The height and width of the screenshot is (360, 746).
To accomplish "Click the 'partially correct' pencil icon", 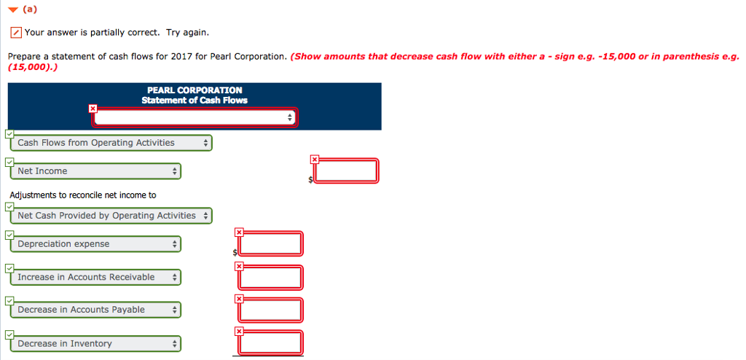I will (x=15, y=33).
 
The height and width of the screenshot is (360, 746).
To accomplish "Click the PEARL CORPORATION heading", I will (x=195, y=90).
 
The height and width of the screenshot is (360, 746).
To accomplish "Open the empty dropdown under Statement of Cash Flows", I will (x=195, y=117).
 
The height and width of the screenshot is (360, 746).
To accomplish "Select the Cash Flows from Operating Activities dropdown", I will (x=112, y=143).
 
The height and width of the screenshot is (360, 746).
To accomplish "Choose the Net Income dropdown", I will (x=96, y=171).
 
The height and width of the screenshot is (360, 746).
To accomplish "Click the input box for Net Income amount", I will (x=347, y=171).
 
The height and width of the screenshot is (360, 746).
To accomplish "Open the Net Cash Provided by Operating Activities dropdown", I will (x=112, y=216).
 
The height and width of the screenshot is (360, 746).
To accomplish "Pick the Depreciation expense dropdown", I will (x=96, y=244).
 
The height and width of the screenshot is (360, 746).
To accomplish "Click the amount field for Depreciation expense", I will (x=270, y=244).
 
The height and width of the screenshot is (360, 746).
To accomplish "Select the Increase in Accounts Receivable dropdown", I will (x=96, y=277).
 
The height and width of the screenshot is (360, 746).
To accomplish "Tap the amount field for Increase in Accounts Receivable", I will (x=270, y=278).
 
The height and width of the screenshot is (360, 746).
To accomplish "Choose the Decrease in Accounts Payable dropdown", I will (x=96, y=310).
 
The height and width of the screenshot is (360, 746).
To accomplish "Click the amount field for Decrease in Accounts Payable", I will (x=270, y=310).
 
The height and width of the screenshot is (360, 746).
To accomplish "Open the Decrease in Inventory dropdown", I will (x=96, y=343).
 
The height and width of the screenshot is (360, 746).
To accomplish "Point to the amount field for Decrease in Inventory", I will (x=270, y=343).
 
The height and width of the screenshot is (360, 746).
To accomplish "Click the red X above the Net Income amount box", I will (x=314, y=159).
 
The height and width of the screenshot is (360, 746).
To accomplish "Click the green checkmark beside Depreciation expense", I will (x=8, y=235).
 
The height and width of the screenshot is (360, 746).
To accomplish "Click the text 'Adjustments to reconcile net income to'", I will (x=83, y=195).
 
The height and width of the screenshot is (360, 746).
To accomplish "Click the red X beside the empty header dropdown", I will (x=93, y=109).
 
